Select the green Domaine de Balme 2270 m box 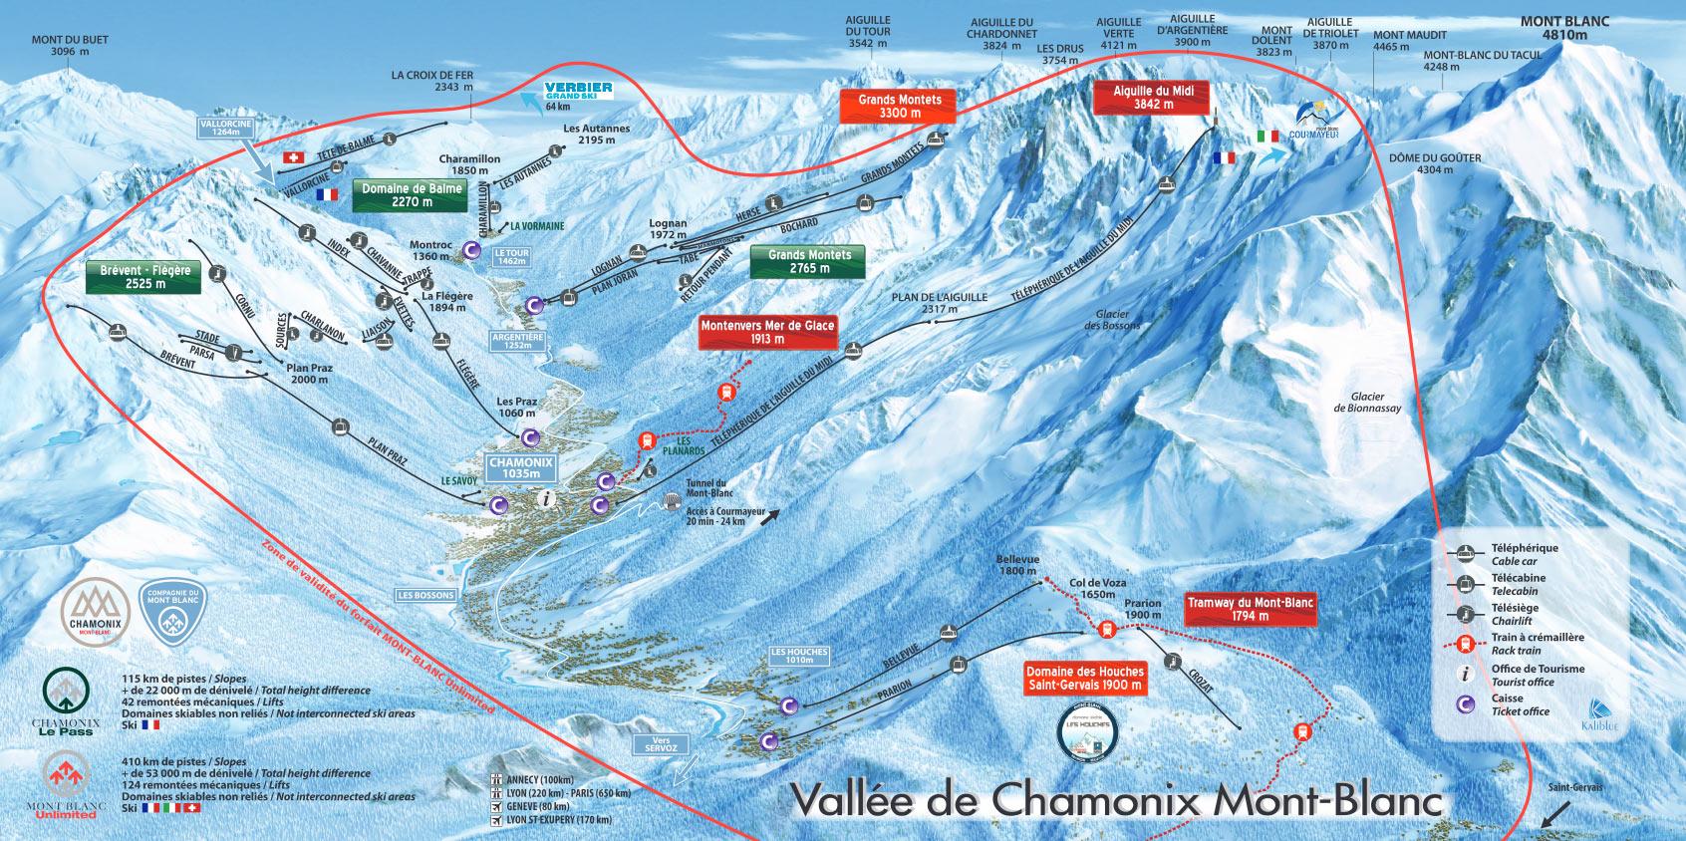coord(410,194)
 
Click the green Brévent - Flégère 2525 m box coord(145,276)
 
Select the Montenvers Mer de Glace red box coord(767,332)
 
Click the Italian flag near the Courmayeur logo coord(1267,137)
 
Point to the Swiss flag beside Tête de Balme coord(293,157)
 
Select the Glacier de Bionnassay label coord(1367,402)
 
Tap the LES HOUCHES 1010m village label coord(799,655)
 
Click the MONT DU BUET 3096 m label coord(69,46)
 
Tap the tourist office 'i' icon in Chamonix coord(543,496)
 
